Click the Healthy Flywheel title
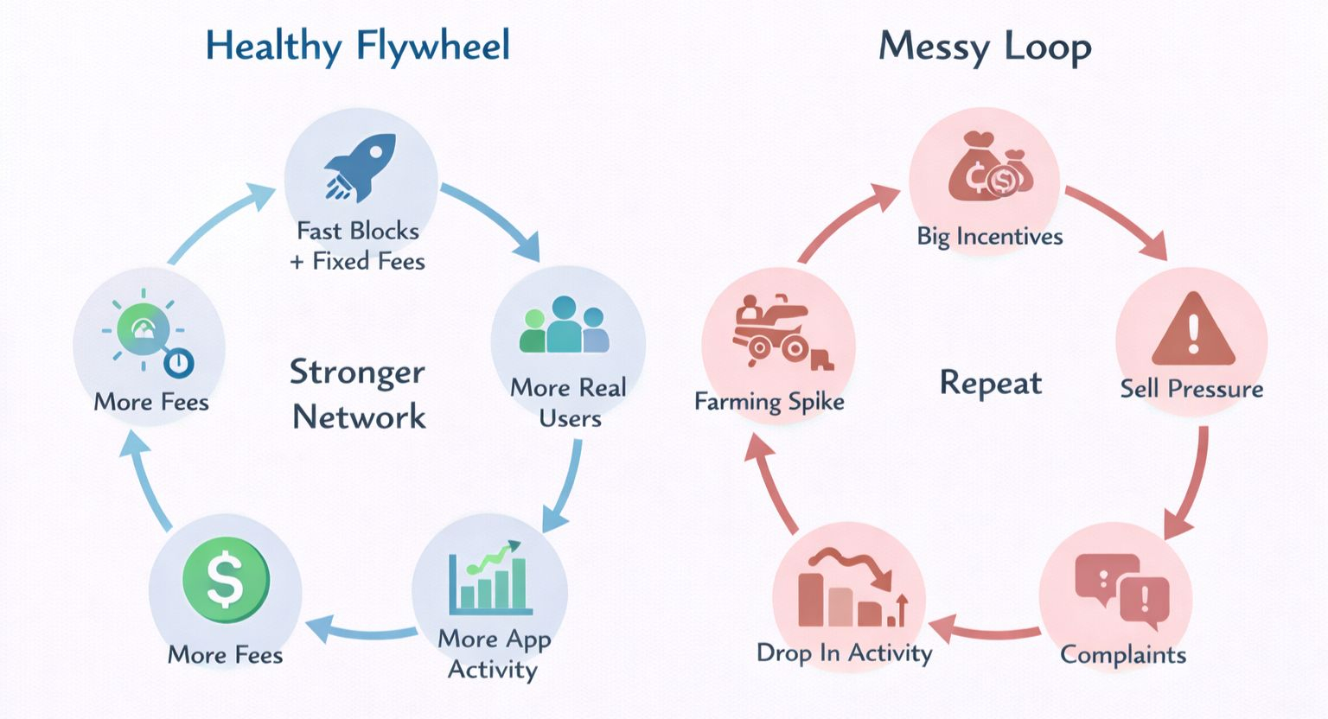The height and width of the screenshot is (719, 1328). pyautogui.click(x=357, y=46)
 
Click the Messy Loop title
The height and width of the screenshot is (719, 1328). pyautogui.click(x=985, y=47)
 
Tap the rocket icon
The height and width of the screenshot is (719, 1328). pyautogui.click(x=360, y=167)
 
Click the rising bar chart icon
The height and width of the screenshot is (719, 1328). pyautogui.click(x=488, y=577)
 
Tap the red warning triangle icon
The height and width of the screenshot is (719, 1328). pyautogui.click(x=1193, y=330)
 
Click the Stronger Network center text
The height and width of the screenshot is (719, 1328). pyautogui.click(x=358, y=394)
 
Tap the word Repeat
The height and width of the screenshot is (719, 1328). pyautogui.click(x=990, y=383)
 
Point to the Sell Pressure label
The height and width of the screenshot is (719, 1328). pyautogui.click(x=1191, y=389)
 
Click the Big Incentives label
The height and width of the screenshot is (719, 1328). pyautogui.click(x=989, y=237)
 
